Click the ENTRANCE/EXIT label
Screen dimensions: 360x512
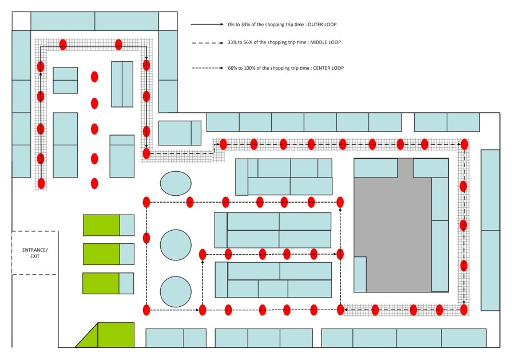coord(35,252)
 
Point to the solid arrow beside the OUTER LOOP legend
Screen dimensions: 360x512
coord(207,25)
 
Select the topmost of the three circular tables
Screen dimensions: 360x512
coord(176,183)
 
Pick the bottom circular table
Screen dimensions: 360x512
coord(176,291)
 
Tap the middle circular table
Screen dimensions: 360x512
coord(176,245)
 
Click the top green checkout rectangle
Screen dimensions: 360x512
coord(101,225)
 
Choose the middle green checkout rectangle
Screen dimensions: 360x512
coord(101,254)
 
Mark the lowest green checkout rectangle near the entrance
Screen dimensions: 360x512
coord(101,283)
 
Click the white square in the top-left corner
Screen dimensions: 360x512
coord(21,21)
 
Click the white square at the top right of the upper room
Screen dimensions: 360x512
coord(168,21)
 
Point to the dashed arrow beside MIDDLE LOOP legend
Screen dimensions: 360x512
coord(207,42)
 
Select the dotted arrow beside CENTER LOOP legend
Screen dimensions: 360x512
coord(207,68)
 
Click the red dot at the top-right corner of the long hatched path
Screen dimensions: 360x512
coord(465,144)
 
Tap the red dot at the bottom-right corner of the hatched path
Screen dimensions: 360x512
coord(464,310)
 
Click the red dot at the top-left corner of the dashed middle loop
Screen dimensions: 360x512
coord(146,201)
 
